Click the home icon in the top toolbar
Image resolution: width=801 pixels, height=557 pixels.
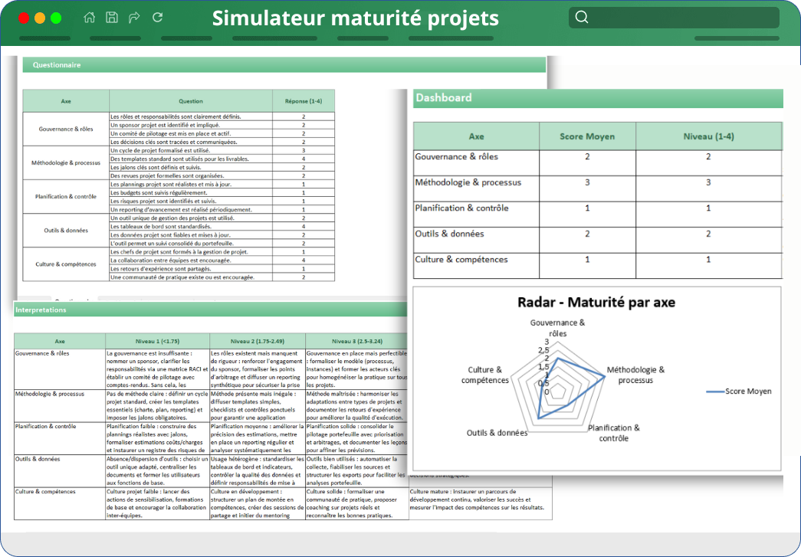click(x=90, y=18)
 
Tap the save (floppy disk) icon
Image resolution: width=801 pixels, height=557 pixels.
click(x=112, y=18)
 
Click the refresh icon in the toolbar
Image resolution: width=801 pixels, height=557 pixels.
click(x=158, y=18)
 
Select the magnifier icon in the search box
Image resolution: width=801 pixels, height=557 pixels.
click(x=582, y=18)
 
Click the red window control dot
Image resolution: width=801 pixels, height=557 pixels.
click(x=23, y=18)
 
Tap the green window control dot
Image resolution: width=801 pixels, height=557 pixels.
click(x=56, y=18)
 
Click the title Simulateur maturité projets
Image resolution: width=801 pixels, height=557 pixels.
click(x=355, y=18)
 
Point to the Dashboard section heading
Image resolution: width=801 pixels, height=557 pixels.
click(x=443, y=98)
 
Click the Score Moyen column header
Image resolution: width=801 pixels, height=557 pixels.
click(x=588, y=136)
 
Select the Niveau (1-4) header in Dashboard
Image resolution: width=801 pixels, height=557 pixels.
click(x=708, y=136)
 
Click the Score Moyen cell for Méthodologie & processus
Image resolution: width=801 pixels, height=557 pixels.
click(x=588, y=182)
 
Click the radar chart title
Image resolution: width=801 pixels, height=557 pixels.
click(x=596, y=302)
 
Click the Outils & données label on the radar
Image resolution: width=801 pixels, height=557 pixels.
click(x=497, y=433)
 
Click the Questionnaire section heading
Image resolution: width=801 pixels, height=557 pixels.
click(x=57, y=65)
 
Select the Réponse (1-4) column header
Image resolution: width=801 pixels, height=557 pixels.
click(x=304, y=100)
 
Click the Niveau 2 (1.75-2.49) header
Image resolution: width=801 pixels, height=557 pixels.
click(x=257, y=341)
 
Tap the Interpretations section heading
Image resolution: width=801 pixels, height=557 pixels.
click(x=41, y=310)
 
